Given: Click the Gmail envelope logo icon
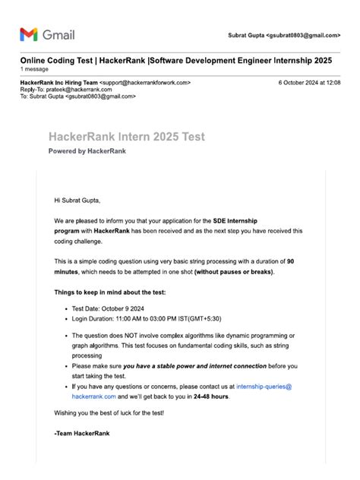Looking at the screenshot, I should (28, 34).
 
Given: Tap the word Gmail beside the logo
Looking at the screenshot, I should (58, 35).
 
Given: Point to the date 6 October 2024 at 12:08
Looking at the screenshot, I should (309, 82).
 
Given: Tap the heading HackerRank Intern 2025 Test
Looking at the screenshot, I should (126, 137).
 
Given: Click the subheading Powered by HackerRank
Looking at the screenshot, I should (87, 151).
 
